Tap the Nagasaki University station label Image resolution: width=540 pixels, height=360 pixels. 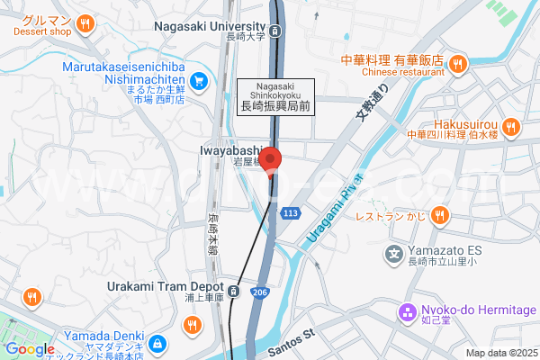tap(212, 27)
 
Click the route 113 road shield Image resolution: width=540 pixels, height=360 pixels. tap(290, 213)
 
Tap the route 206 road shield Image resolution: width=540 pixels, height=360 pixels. tap(259, 292)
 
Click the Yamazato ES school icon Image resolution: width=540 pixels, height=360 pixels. tap(393, 255)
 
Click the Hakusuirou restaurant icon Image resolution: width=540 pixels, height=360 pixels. tap(510, 124)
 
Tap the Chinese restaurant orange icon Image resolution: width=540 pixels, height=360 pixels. tap(457, 63)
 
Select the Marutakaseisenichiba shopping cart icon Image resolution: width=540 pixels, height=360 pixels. tap(200, 81)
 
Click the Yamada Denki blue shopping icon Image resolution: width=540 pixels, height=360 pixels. tap(157, 343)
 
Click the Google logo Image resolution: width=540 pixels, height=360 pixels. tap(30, 349)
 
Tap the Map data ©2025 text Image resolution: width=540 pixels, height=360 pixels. tap(500, 353)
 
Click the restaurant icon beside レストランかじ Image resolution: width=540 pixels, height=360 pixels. tap(439, 214)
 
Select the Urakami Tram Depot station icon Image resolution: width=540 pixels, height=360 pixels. tap(233, 290)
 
